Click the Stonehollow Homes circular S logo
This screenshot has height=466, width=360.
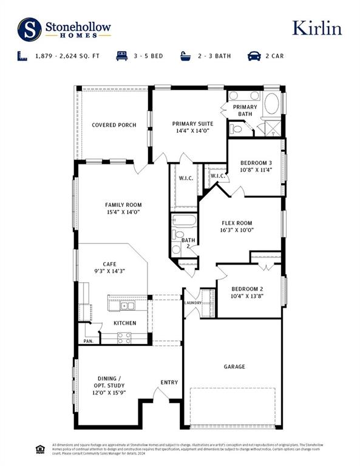point(29,29)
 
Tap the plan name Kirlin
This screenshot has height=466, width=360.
point(317,28)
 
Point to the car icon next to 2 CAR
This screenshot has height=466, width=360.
point(254,56)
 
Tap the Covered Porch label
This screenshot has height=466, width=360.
point(114,125)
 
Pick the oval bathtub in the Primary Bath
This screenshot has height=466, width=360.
point(271,103)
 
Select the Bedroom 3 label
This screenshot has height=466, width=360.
point(256,163)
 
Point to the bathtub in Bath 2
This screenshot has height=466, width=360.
point(185,220)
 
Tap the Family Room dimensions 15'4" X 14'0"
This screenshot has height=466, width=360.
point(123,212)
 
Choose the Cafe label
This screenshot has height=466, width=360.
point(109,263)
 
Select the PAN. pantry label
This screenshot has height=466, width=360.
point(89,342)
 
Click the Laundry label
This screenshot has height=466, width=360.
point(193,303)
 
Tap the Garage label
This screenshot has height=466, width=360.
point(234,366)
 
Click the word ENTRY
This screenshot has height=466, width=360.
point(169,382)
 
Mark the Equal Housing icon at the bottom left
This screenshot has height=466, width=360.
point(41,449)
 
